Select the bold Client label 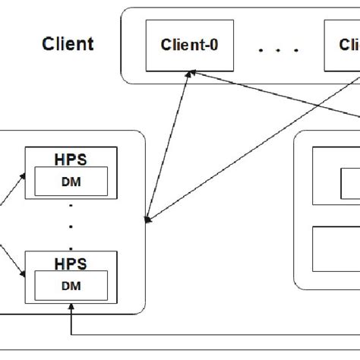[x=68, y=43]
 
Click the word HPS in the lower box [x=70, y=264]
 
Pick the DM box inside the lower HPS [x=70, y=286]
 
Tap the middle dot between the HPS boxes [x=70, y=226]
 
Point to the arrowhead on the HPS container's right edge [x=149, y=220]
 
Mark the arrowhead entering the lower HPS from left [x=22, y=276]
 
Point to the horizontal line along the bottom [x=213, y=334]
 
